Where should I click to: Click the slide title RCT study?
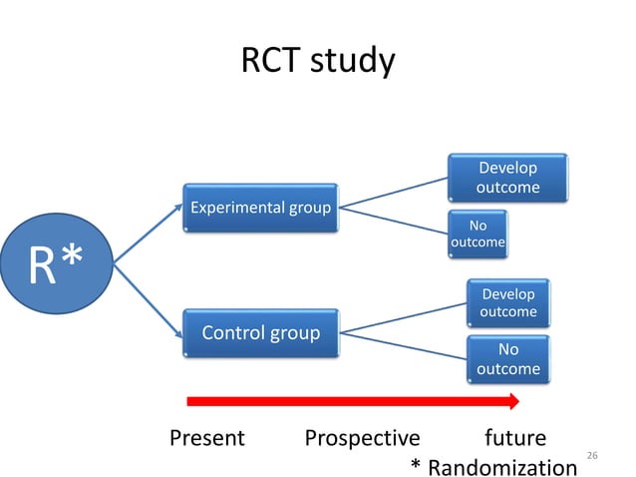click(318, 61)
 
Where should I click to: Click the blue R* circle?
click(56, 264)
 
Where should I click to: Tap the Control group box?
click(261, 332)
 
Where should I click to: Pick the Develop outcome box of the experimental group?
click(508, 178)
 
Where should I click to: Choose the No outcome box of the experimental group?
click(478, 234)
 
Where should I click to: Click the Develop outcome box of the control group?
click(508, 303)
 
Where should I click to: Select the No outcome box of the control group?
click(508, 359)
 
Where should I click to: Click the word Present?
click(206, 438)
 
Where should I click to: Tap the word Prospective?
click(362, 438)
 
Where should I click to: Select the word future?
click(514, 438)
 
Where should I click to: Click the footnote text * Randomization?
click(493, 466)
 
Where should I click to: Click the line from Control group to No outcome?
click(404, 345)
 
